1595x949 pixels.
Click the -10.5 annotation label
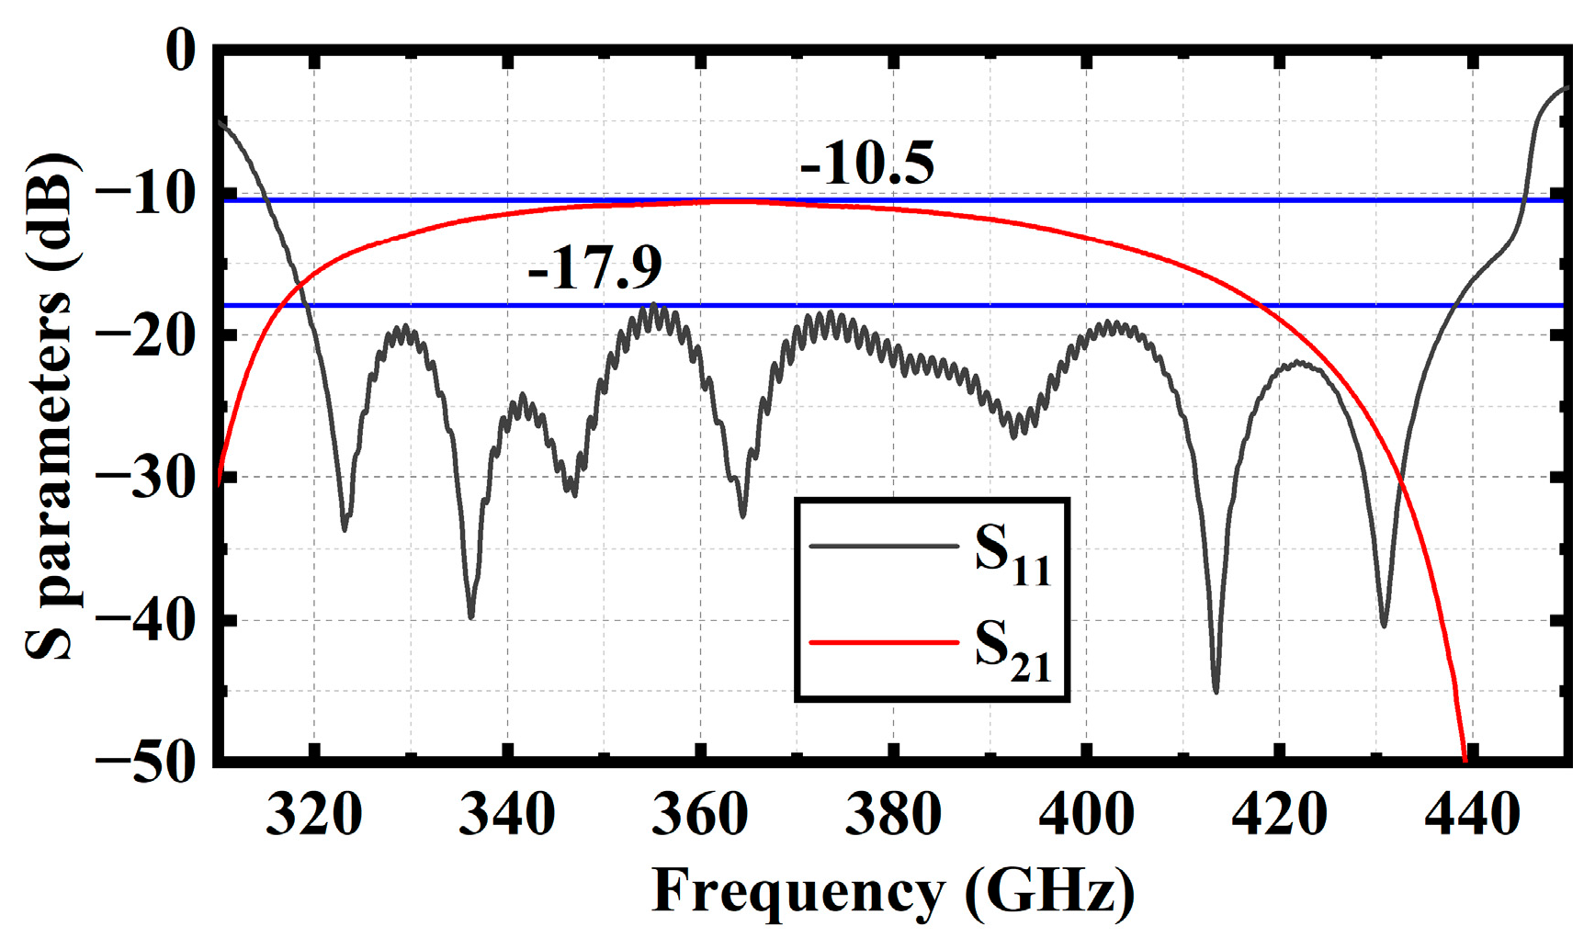pyautogui.click(x=866, y=165)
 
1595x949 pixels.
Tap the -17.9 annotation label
pyautogui.click(x=594, y=268)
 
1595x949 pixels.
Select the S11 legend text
pyautogui.click(x=1012, y=555)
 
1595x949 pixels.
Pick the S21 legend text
pyautogui.click(x=1012, y=651)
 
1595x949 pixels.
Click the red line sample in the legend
pyautogui.click(x=883, y=642)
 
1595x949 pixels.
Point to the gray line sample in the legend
pyautogui.click(x=883, y=547)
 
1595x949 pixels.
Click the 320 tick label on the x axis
pyautogui.click(x=313, y=815)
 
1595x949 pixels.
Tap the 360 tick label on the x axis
pyautogui.click(x=700, y=815)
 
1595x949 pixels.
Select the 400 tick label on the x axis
pyautogui.click(x=1086, y=815)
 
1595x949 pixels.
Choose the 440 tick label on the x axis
pyautogui.click(x=1472, y=815)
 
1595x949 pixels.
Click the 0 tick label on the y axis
pyautogui.click(x=180, y=50)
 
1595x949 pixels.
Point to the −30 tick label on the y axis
pyautogui.click(x=147, y=478)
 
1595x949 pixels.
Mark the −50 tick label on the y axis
pyautogui.click(x=147, y=763)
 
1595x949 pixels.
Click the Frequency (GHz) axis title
pyautogui.click(x=893, y=891)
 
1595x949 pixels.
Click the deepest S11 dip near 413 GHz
pyautogui.click(x=1216, y=691)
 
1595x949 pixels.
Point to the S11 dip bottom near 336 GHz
pyautogui.click(x=471, y=616)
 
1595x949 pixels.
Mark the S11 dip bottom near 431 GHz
pyautogui.click(x=1384, y=626)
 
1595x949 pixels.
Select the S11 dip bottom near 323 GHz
pyautogui.click(x=345, y=529)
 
